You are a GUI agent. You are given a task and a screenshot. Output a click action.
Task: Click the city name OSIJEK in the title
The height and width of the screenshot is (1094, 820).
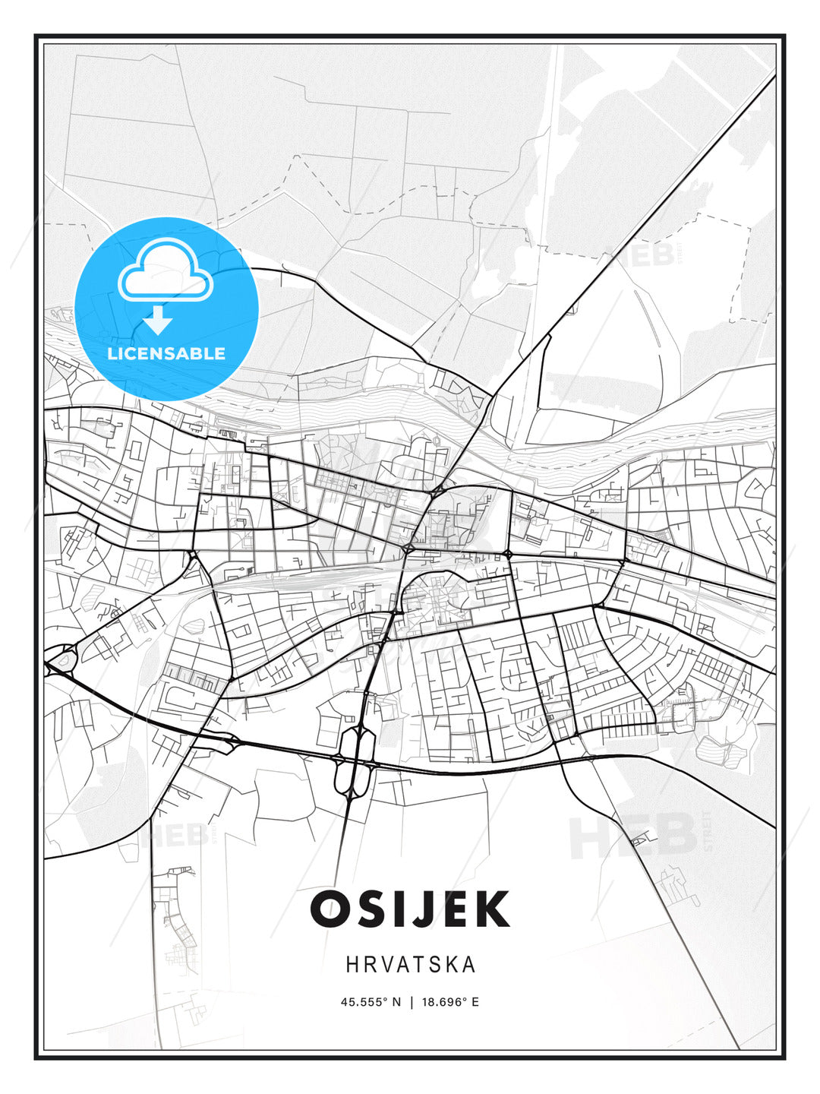pyautogui.click(x=409, y=909)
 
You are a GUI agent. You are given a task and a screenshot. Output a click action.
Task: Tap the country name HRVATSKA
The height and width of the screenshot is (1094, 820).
pyautogui.click(x=411, y=965)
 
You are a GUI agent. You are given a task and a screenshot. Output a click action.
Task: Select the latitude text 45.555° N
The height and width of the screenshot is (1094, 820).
pyautogui.click(x=370, y=1002)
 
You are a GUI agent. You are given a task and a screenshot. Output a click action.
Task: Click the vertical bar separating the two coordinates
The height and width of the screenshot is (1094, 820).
pyautogui.click(x=411, y=1002)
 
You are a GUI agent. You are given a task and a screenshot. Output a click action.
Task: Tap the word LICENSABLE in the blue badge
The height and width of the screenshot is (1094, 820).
pyautogui.click(x=166, y=353)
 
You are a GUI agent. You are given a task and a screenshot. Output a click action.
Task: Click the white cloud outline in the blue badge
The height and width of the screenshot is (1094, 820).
pyautogui.click(x=166, y=270)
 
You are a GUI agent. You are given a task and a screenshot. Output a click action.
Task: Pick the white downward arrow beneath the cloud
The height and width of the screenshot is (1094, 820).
pyautogui.click(x=158, y=321)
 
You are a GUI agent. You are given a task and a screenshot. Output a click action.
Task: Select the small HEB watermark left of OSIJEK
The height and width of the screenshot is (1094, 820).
pyautogui.click(x=175, y=836)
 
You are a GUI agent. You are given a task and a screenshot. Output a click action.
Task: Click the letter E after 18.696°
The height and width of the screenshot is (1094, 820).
pyautogui.click(x=475, y=1002)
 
